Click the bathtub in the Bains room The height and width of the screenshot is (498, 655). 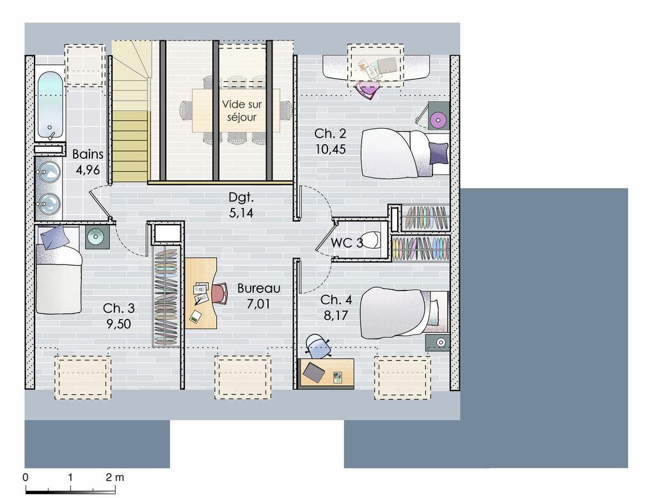click(x=50, y=106)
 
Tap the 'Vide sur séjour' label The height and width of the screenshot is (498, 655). click(x=242, y=111)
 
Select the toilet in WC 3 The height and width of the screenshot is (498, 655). click(x=370, y=240)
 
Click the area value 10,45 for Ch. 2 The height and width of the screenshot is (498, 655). click(x=331, y=149)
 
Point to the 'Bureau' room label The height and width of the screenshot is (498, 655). click(x=258, y=288)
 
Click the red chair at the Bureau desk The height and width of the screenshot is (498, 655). click(x=220, y=293)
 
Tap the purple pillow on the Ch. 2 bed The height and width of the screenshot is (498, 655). click(x=438, y=152)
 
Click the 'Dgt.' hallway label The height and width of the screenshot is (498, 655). click(x=241, y=197)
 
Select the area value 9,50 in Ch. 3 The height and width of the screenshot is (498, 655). click(x=118, y=324)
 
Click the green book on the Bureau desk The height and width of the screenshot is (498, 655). click(x=194, y=316)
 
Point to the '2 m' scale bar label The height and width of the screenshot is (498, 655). click(x=115, y=477)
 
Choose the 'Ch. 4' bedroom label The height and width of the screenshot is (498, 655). click(x=336, y=300)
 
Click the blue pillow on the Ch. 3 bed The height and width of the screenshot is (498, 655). click(x=54, y=237)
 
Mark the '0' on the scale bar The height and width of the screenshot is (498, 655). click(x=26, y=477)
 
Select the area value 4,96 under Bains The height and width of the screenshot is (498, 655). click(x=88, y=170)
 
